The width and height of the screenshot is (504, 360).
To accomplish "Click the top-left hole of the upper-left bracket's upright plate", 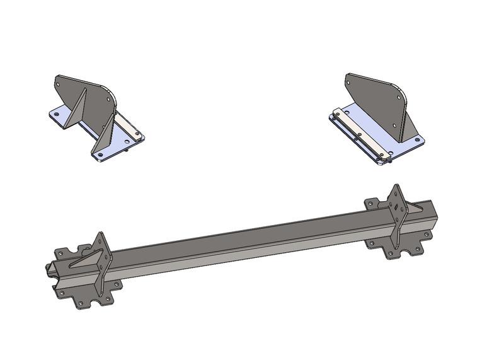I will (x=59, y=81).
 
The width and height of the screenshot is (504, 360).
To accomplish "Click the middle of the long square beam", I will (x=252, y=243).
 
